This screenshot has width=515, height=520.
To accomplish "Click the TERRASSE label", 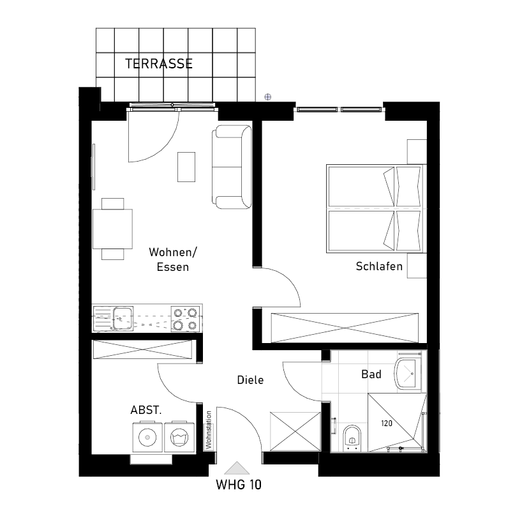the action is [x=159, y=64].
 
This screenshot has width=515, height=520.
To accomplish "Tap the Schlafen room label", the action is [x=379, y=266].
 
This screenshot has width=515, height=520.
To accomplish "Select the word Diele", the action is [x=250, y=380].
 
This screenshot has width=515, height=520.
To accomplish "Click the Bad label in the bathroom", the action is [x=371, y=374].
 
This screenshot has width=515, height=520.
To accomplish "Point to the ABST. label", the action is [x=146, y=410].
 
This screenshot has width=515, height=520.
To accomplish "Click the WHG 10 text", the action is [x=239, y=485].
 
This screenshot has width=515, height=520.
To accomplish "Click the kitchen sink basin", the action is [x=123, y=318].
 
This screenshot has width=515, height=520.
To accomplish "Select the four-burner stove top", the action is [x=185, y=319].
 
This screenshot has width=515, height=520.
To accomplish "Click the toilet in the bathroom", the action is [x=352, y=438].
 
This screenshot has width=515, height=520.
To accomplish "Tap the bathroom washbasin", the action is [x=408, y=374].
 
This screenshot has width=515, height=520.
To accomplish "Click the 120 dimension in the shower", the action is [x=387, y=424].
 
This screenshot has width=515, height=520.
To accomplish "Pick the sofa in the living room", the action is [x=232, y=167].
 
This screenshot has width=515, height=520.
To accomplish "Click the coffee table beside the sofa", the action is [x=186, y=167].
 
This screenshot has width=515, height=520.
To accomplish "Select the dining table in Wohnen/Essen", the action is [x=112, y=229].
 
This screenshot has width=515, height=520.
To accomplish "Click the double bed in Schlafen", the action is [x=377, y=209].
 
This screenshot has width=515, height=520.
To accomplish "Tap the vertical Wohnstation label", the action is [x=208, y=430].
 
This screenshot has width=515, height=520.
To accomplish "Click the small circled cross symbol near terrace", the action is [x=267, y=97].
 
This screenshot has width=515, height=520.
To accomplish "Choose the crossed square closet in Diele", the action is [x=295, y=431].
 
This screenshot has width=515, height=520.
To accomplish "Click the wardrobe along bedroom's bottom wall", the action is [x=345, y=328].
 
